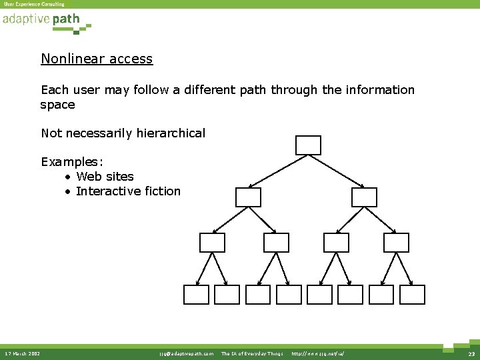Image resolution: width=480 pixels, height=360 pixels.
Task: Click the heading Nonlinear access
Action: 97,59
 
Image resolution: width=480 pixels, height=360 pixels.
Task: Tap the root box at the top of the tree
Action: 308,145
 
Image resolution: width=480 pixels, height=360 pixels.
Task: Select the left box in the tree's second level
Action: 248,197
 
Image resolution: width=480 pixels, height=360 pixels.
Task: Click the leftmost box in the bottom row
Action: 197,295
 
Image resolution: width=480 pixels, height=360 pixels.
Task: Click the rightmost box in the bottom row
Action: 412,295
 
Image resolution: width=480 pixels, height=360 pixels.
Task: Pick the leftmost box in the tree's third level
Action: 213,243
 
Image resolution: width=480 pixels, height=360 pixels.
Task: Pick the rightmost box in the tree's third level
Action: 397,243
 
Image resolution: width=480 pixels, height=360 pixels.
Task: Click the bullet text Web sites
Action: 105,177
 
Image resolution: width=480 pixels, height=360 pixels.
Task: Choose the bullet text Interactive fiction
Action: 128,191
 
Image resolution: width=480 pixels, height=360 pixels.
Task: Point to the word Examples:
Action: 72,162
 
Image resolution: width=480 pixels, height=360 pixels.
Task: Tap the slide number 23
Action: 471,353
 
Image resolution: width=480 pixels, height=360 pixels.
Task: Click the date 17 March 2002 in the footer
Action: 22,353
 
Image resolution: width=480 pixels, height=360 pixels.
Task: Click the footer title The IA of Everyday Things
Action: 252,353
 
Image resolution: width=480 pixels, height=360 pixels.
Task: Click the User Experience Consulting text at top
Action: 34,4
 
